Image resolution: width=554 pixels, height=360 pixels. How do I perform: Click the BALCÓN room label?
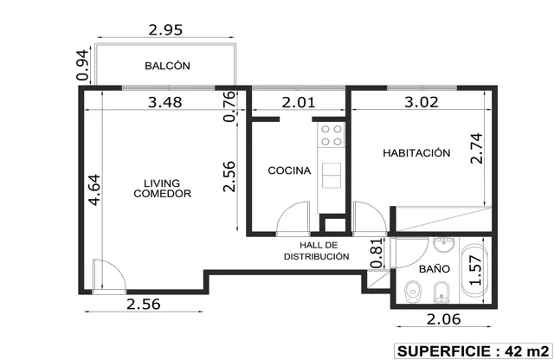point(167,66)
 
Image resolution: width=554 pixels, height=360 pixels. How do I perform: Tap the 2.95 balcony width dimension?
point(165,30)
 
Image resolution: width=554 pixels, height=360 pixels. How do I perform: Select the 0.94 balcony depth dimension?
point(83,66)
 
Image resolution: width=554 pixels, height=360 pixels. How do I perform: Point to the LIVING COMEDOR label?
point(163,189)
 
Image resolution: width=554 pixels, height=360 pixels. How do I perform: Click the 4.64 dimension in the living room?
point(94,190)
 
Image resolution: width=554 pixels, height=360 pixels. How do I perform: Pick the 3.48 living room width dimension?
point(165,102)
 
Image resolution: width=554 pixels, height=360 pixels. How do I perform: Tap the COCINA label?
point(289,170)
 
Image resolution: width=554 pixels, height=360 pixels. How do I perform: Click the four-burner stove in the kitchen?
point(331,135)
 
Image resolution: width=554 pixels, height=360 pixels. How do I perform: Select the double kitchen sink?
point(332,175)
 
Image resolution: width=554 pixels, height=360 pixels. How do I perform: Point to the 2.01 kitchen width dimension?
point(299,102)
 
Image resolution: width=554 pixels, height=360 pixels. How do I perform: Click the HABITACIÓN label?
point(416,153)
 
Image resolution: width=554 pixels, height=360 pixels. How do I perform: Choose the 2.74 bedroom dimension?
point(476,148)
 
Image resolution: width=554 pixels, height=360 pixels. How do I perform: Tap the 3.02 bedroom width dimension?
point(422,102)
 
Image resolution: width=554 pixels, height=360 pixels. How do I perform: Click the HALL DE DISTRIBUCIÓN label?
point(317,251)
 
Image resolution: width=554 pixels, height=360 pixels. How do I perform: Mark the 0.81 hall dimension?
point(377,254)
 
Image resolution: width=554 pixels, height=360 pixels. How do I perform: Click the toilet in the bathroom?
point(413,292)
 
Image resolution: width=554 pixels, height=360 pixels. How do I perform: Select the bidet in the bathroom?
point(441,292)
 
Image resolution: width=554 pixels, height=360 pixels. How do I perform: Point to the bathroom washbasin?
point(444,245)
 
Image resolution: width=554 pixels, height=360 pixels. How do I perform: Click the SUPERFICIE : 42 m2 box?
point(473,351)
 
